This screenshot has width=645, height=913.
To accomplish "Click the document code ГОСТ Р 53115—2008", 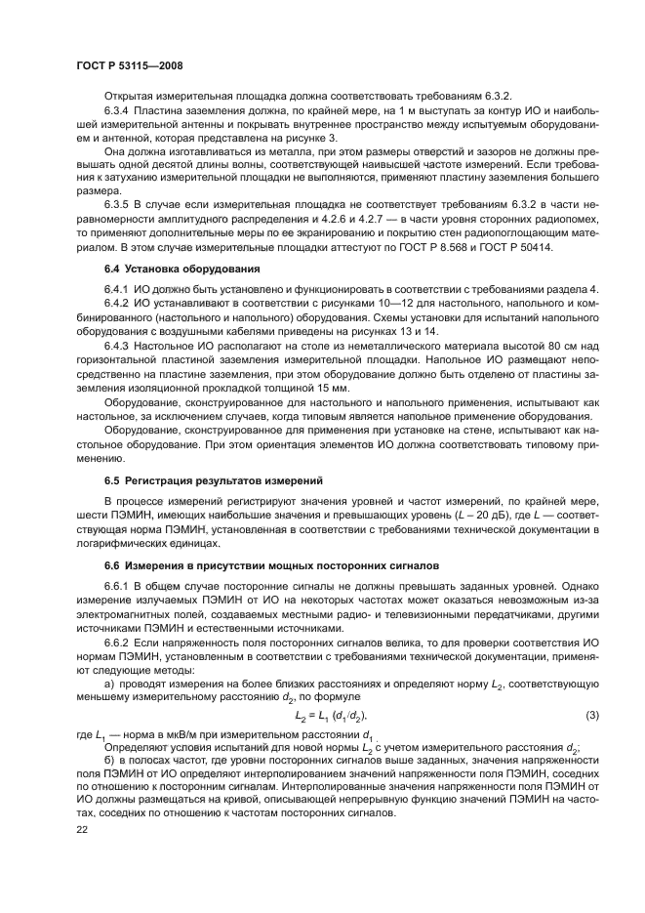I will pyautogui.click(x=130, y=64).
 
